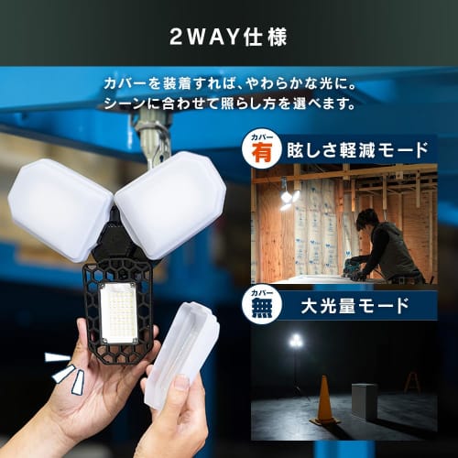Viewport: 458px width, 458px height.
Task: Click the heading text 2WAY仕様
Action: (x=228, y=38)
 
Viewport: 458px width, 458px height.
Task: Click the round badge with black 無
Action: (x=263, y=305)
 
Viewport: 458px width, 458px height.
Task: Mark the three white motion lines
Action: (x=62, y=371)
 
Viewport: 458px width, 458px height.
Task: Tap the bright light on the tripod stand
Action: (x=295, y=341)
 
